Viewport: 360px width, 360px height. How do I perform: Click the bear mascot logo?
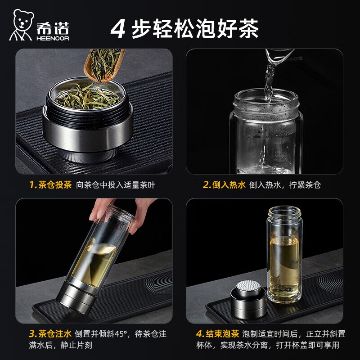[21, 25]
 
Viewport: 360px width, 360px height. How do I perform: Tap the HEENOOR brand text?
[53, 38]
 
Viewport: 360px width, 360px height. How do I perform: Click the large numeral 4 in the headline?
[118, 29]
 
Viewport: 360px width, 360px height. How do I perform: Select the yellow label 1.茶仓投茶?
[50, 184]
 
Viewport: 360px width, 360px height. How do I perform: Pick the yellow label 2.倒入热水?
[224, 184]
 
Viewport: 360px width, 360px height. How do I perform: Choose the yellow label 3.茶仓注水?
[50, 333]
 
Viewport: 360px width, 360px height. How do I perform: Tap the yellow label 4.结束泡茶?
[217, 333]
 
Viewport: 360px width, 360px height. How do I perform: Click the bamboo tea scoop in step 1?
[103, 65]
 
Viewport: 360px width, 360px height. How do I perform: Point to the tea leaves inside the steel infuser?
[88, 98]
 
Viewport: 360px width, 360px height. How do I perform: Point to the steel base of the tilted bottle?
[76, 299]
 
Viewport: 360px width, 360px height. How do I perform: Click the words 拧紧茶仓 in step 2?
[305, 185]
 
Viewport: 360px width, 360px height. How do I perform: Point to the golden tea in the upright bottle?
[284, 267]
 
